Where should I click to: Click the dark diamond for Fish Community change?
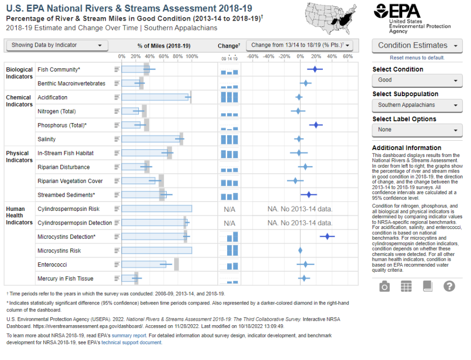315,69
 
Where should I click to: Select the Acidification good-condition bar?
155,97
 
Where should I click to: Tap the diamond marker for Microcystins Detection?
327,236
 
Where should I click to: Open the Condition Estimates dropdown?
417,46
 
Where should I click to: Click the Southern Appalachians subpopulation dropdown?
417,105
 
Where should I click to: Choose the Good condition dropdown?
417,80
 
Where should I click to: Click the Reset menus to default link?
417,58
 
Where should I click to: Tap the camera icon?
385,286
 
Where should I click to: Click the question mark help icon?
449,286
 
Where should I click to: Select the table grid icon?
406,286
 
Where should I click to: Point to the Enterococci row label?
52,264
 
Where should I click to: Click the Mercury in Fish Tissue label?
65,279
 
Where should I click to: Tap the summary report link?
129,335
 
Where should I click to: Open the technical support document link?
131,342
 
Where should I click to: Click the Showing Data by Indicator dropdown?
57,45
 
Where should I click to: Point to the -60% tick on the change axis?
253,56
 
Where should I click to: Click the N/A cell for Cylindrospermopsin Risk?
230,209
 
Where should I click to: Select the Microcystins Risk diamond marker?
300,251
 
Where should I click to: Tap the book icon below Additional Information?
428,286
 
